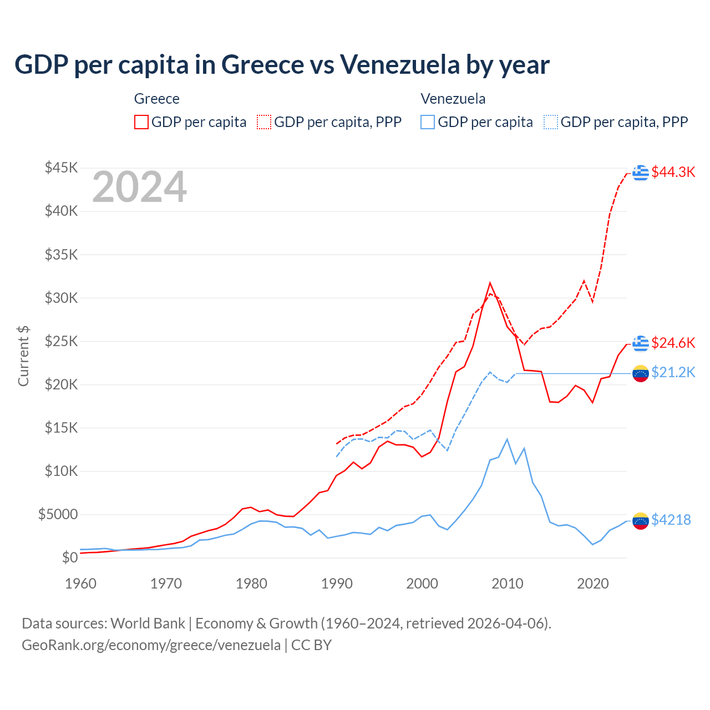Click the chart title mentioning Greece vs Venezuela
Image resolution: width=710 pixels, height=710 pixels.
282,64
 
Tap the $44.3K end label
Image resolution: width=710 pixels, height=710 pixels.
673,172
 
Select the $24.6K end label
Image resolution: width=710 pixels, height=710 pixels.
673,343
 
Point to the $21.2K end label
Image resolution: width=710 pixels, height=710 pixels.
673,372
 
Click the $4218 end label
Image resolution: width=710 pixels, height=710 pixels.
671,520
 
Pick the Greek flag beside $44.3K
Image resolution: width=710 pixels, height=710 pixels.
641,173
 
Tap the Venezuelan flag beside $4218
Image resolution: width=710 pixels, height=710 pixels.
641,520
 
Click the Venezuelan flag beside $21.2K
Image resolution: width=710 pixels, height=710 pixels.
641,373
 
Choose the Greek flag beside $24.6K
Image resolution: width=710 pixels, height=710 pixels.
641,343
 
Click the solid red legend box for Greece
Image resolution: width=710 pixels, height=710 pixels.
141,122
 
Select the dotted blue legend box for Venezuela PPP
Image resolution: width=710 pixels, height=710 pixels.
551,122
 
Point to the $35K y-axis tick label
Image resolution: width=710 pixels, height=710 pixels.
62,255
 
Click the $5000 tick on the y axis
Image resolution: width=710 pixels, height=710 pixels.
58,514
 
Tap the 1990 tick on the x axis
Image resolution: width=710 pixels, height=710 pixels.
337,584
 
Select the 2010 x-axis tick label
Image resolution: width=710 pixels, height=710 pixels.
508,584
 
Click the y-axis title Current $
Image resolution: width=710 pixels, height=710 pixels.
23,356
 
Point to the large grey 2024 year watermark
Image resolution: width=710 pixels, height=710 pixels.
140,187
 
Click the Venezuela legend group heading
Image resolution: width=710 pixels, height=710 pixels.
453,99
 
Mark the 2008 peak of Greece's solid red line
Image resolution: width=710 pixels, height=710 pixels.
490,283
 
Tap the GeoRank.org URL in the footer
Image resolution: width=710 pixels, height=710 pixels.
151,645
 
